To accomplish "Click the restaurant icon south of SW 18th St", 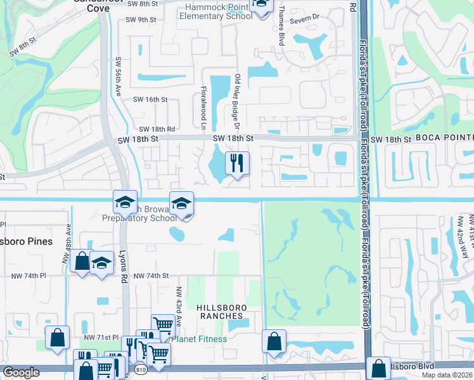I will tap(238, 163).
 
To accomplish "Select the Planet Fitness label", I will tap(199, 339).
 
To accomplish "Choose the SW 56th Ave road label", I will tap(118, 77).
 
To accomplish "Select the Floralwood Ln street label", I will tap(203, 105).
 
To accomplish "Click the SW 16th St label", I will tap(150, 99).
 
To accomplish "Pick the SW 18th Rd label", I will tap(157, 129).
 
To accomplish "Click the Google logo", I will tap(21, 372).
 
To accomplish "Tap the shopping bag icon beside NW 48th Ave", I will tap(82, 262).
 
